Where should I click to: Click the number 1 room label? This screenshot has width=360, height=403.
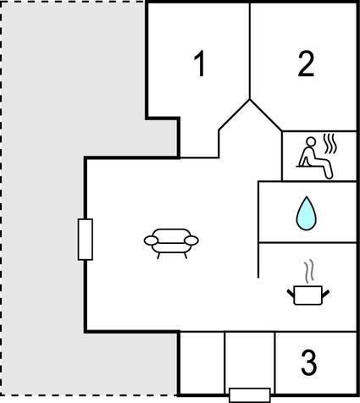tap(200, 63)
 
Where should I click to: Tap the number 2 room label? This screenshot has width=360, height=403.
tap(306, 63)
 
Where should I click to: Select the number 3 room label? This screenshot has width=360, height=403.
tap(308, 362)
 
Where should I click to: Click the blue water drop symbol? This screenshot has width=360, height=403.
tap(307, 213)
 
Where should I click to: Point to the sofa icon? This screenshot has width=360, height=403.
tap(171, 243)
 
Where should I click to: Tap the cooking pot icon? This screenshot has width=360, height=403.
tap(308, 295)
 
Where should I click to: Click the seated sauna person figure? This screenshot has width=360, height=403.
tap(315, 158)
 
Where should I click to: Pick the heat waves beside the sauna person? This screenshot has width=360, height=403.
tap(330, 144)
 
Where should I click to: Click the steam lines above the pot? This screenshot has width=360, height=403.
tap(308, 272)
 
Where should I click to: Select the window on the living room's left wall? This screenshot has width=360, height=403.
tap(86, 240)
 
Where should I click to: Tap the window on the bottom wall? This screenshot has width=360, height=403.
tap(250, 395)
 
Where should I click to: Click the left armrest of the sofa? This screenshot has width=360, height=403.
tap(151, 240)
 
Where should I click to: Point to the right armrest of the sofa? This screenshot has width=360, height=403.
tap(191, 240)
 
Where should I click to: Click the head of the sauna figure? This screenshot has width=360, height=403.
tap(311, 141)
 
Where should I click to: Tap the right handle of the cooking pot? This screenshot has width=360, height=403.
tap(325, 294)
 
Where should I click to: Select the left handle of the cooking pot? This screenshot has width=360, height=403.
tap(291, 294)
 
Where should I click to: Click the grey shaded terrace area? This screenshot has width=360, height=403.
tap(42, 197)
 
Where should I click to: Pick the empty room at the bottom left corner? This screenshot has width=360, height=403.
tap(202, 363)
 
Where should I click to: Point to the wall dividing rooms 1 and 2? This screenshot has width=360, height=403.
tap(250, 52)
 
